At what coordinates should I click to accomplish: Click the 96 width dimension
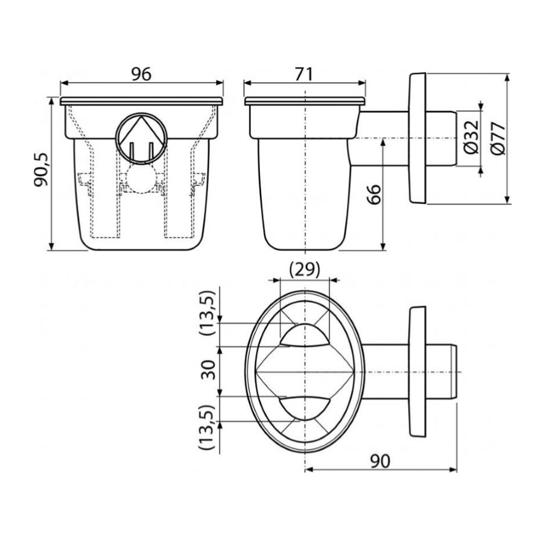point(142,74)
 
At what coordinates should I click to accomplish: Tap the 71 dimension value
point(303,74)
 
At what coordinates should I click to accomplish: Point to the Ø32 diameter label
point(471,137)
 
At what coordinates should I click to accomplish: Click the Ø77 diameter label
point(498,138)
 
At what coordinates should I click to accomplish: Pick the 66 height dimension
point(373,195)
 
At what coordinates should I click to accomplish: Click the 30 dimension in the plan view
point(209,370)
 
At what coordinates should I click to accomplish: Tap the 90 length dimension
point(380,461)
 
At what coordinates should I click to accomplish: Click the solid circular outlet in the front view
point(141,138)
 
